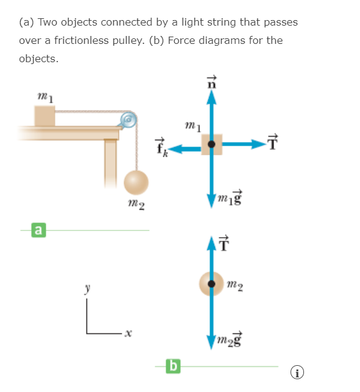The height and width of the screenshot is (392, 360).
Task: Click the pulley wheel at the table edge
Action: pos(129,119)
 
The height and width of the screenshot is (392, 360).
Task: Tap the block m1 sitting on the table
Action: pos(44,116)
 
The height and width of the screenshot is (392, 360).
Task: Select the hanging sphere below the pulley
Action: pos(136,182)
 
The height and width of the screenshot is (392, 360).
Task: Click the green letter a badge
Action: pos(39,230)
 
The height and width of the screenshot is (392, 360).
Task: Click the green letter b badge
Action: pos(173,366)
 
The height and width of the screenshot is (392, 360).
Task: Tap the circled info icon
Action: pos(297,372)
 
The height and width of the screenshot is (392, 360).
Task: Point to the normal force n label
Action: pos(211,82)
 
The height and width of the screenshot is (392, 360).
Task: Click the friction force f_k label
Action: pos(161,148)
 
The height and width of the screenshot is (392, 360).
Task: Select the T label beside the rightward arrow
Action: pos(272,142)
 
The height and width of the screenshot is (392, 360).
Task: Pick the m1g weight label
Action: pos(230,198)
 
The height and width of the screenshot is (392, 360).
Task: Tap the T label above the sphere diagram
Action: pos(224,243)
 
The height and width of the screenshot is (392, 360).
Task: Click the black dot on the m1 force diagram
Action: pos(211,144)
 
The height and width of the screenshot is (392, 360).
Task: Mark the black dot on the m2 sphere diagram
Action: pos(211,283)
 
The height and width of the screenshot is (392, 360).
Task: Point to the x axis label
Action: pos(128,333)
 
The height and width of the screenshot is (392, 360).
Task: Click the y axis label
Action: pos(87,288)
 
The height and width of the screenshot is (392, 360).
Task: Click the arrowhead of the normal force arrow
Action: pos(211,98)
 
